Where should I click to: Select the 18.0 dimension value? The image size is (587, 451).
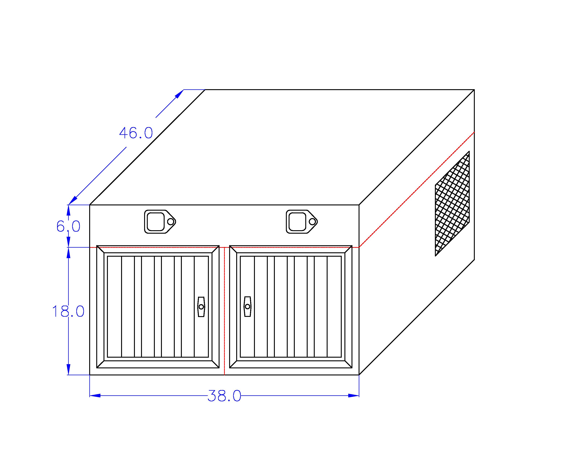(68, 311)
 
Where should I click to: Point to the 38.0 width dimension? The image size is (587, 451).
(224, 396)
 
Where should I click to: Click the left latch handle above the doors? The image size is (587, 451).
(160, 222)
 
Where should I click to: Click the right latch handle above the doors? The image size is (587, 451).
(302, 222)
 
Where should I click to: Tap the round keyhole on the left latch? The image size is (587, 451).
(170, 222)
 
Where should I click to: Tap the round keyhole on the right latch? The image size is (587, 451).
(312, 222)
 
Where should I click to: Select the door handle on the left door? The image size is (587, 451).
(201, 307)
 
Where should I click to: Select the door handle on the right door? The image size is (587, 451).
(247, 307)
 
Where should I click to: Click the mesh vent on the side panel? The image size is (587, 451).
(452, 204)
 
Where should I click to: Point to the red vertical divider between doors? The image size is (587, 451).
(224, 311)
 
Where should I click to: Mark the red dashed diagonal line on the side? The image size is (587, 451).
(417, 190)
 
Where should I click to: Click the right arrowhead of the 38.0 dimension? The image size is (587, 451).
(354, 395)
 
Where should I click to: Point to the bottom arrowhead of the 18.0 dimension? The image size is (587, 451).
(69, 369)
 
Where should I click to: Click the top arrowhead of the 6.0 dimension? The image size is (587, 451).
(69, 210)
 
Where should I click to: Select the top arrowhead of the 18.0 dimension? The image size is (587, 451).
(69, 253)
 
